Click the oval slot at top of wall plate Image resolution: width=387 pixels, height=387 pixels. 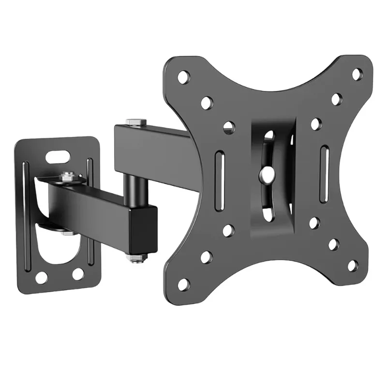pyautogui.click(x=57, y=157)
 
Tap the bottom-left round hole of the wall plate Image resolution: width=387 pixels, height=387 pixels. pyautogui.click(x=42, y=277)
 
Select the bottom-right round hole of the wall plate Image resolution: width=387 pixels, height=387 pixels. pyautogui.click(x=78, y=274)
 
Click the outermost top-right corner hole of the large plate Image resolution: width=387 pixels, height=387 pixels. pyautogui.click(x=357, y=74)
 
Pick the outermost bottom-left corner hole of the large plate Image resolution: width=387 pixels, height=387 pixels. pyautogui.click(x=183, y=284)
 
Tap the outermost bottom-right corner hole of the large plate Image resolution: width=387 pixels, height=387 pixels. pyautogui.click(x=353, y=266)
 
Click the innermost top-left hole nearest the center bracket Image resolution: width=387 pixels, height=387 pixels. pyautogui.click(x=229, y=128)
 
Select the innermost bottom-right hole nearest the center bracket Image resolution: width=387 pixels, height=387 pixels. pyautogui.click(x=314, y=223)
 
